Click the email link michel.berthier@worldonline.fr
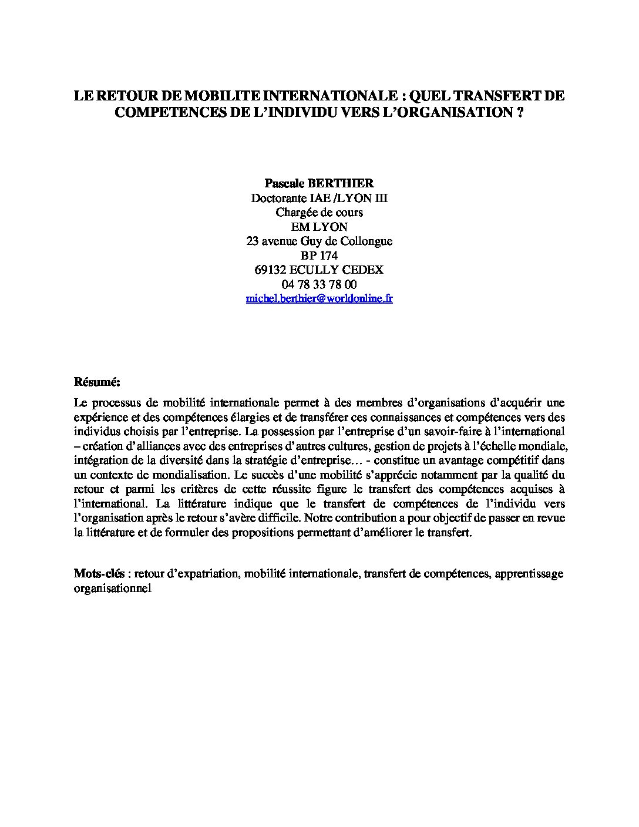coord(319,298)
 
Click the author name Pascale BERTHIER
coord(319,183)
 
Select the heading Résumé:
coord(97,382)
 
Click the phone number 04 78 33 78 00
coord(319,284)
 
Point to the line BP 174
coord(319,256)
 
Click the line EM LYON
coord(319,227)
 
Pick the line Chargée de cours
coord(319,212)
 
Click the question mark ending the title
coord(520,112)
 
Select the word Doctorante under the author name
coord(279,198)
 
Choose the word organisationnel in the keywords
coord(113,588)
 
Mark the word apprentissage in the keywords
coord(529,573)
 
